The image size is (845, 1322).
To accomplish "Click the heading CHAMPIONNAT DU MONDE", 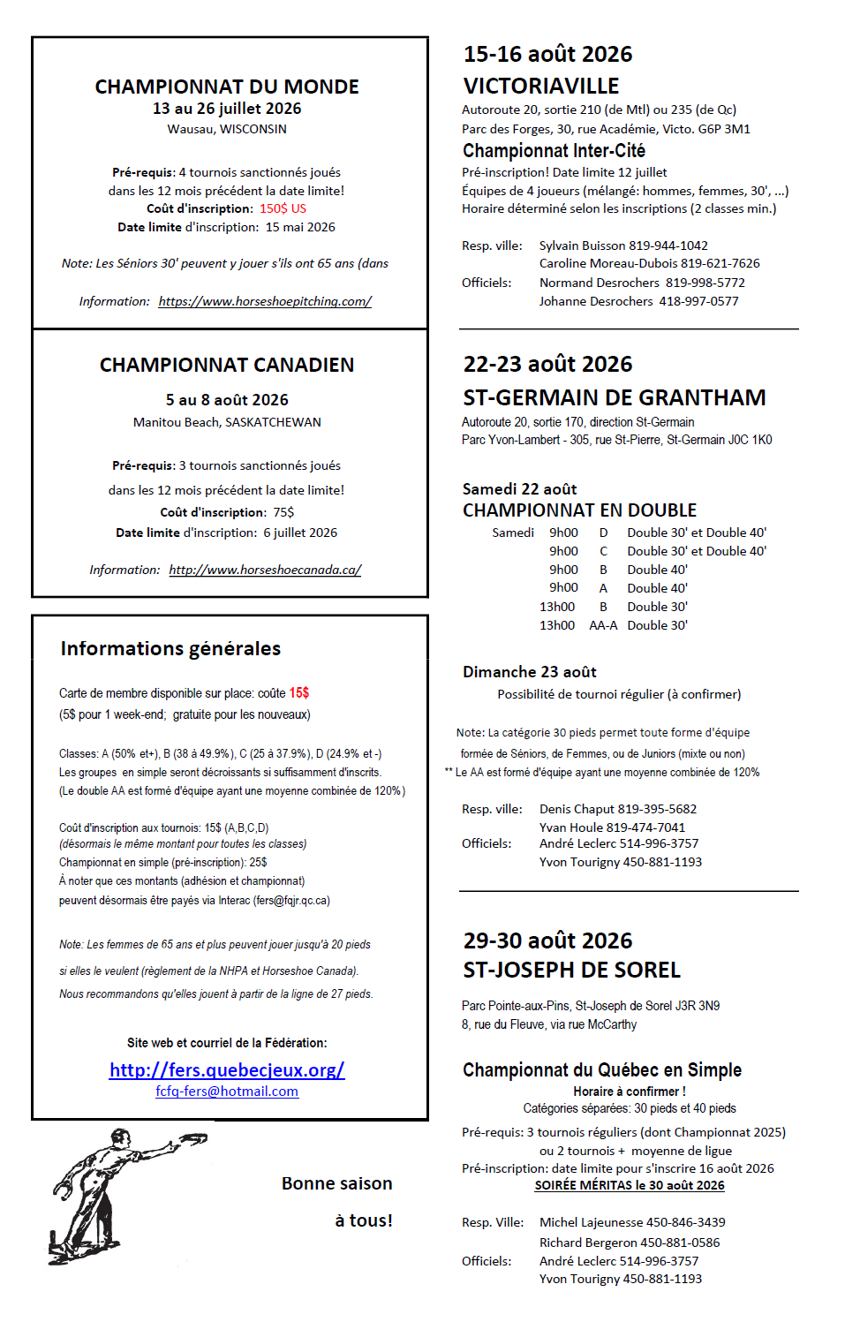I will (227, 87).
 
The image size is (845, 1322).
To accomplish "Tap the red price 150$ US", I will (283, 208).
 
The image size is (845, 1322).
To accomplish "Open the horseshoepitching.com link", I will (265, 301).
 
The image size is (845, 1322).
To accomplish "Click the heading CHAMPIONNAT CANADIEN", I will (227, 365).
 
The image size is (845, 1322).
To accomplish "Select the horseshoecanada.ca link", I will (265, 570).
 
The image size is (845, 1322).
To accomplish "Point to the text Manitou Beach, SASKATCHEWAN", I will (227, 422).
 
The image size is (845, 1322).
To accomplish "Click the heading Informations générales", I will (170, 648).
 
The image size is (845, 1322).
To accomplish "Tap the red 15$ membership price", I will (299, 693).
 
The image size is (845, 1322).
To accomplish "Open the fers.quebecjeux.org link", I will (227, 1069).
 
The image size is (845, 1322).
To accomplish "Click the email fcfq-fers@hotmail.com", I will (227, 1092).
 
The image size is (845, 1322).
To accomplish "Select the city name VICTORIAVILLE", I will (541, 86).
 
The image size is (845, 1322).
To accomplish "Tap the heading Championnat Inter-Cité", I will (554, 150).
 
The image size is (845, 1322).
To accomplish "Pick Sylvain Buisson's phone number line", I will (623, 246).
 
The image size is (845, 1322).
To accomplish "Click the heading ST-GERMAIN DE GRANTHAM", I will (615, 397).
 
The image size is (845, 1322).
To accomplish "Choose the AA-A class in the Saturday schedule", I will (603, 625).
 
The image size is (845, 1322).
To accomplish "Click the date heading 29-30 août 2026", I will (547, 941).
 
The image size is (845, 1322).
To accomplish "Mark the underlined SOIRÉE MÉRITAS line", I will (630, 1185).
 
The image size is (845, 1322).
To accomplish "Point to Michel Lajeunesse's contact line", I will (632, 1222).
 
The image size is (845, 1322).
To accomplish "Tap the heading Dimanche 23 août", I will (530, 672).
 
